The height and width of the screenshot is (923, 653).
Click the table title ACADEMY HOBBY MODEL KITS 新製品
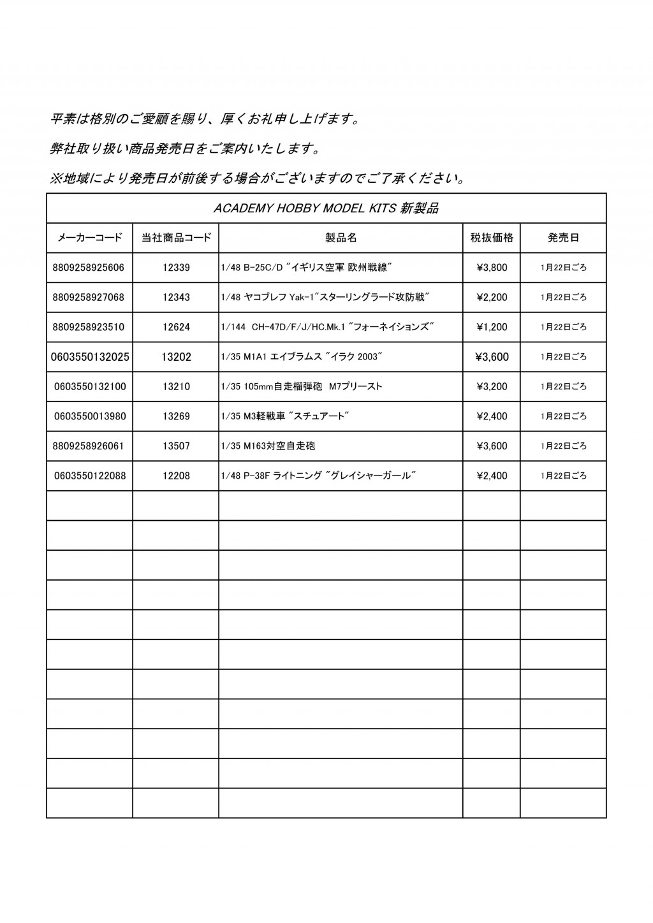pos(326,208)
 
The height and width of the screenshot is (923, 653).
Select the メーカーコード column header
pos(89,238)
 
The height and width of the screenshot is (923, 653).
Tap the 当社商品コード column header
pos(176,238)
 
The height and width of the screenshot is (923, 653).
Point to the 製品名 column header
pos(341,238)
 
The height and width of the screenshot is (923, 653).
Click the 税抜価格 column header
pos(492,238)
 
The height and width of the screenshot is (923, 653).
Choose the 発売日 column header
pos(563,238)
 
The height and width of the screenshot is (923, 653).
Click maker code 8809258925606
pos(89,268)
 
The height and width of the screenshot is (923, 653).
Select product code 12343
pos(176,298)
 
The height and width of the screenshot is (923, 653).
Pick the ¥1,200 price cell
pos(492,327)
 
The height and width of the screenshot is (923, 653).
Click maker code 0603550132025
pos(89,357)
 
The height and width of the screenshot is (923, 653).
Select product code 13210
pos(176,386)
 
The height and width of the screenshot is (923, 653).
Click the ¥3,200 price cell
pos(492,386)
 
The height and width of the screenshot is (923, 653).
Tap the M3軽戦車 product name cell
pos(285,416)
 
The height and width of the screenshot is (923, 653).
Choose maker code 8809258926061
pos(89,446)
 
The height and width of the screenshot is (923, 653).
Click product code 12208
pos(176,476)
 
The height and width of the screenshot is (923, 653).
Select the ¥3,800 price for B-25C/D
pos(492,268)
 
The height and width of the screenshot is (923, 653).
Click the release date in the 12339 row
pos(563,268)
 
